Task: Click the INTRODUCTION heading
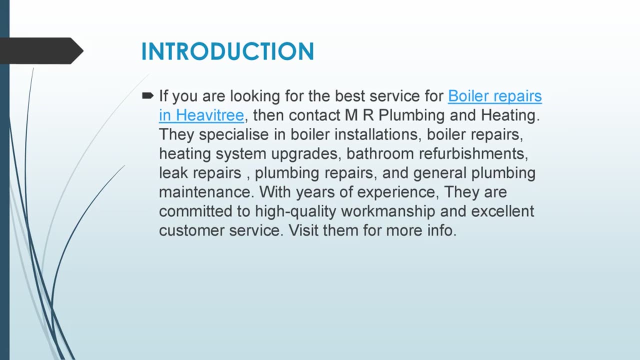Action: click(x=227, y=51)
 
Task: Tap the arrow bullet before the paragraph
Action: click(x=148, y=95)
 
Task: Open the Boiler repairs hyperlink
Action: click(x=494, y=95)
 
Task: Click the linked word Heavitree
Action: click(x=210, y=115)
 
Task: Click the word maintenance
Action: click(x=207, y=192)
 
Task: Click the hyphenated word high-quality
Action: click(x=295, y=212)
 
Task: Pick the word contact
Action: click(x=314, y=115)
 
